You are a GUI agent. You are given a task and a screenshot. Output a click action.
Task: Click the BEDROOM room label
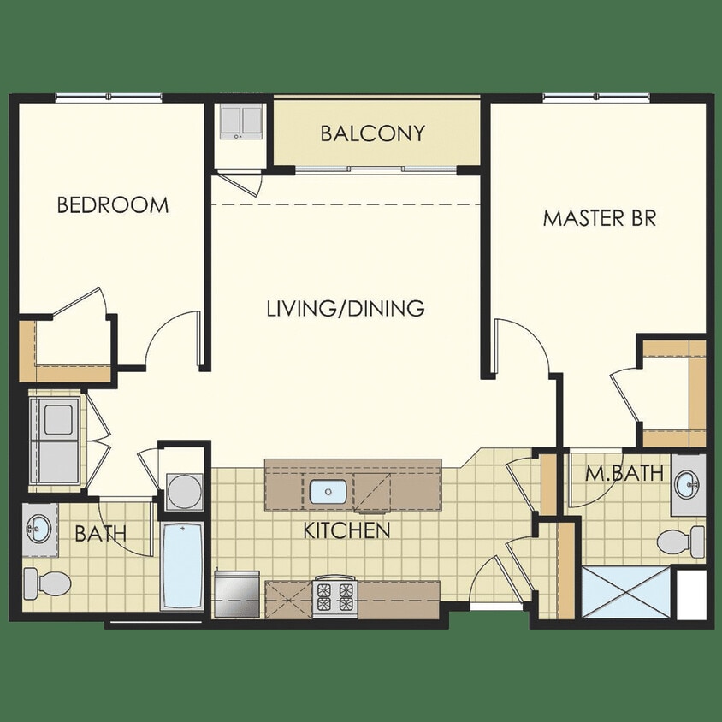click(112, 205)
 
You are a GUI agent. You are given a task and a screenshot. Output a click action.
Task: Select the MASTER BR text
click(599, 217)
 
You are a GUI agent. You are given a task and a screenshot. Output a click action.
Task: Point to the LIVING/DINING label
click(345, 308)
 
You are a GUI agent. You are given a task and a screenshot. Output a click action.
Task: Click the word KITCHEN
click(346, 530)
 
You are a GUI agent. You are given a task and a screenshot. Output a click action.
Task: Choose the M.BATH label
click(612, 471)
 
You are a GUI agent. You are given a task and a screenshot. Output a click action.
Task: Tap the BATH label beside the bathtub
click(101, 534)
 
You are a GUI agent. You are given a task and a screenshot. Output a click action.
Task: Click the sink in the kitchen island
click(326, 492)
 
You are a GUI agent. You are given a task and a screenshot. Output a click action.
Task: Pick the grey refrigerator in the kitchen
click(238, 592)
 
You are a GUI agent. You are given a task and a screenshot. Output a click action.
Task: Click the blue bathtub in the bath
click(182, 565)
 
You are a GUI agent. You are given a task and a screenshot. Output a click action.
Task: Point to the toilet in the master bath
click(681, 541)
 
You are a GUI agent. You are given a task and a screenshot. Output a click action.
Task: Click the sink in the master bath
click(689, 486)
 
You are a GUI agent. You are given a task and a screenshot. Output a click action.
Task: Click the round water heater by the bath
click(183, 491)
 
